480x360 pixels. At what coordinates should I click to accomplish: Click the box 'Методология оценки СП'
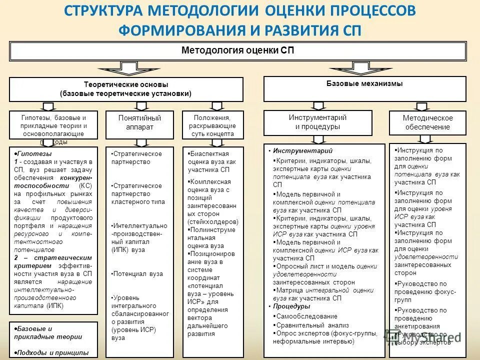(238, 51)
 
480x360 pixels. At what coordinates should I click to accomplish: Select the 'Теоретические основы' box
(126, 89)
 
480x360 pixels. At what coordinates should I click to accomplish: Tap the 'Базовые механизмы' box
(364, 88)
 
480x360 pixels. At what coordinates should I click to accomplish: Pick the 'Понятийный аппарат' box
(139, 123)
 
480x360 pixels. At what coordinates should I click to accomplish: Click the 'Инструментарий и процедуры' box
(317, 122)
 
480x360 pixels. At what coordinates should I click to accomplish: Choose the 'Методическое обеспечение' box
(427, 122)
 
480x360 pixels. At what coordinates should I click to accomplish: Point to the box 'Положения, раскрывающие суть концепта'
(212, 124)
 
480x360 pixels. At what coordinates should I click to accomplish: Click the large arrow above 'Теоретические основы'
(121, 68)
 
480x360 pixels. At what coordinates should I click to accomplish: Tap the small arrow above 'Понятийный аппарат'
(141, 106)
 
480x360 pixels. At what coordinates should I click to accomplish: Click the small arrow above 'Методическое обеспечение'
(422, 106)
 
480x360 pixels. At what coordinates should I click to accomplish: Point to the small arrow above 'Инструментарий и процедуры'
(318, 105)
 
